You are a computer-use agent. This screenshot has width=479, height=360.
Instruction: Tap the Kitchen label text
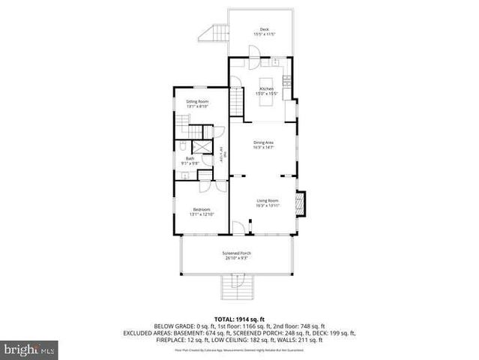[266, 88]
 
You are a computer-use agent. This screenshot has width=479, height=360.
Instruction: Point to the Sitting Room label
[197, 101]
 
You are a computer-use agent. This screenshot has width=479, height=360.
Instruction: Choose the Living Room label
[268, 200]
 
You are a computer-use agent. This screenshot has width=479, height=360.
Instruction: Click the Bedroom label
[202, 209]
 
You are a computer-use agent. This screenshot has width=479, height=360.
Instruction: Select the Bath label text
[190, 158]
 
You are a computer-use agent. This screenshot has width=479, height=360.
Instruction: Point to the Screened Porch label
[236, 253]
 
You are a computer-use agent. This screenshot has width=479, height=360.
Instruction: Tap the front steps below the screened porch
[235, 287]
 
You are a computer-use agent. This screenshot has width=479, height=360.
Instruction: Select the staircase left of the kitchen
[238, 102]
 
